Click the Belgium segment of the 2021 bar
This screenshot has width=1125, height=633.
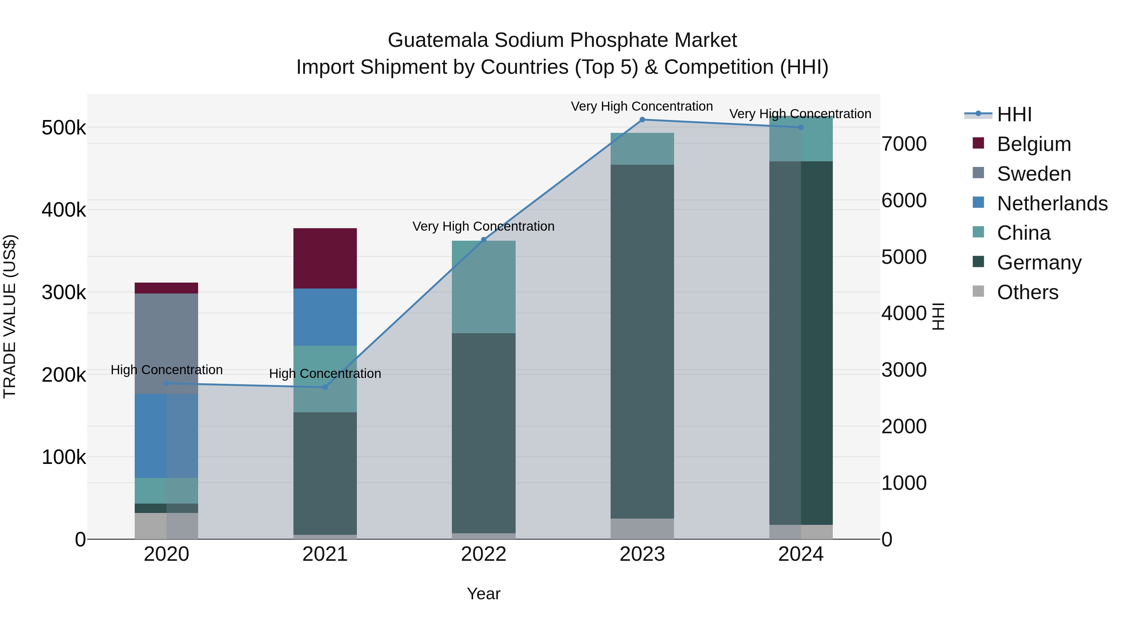click(325, 258)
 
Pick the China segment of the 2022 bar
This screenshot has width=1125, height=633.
click(483, 287)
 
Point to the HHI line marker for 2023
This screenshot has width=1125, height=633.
click(642, 120)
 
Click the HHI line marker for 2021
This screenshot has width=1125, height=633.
click(325, 387)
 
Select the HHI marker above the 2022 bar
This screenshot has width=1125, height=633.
click(483, 239)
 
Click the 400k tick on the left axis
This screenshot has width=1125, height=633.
click(64, 210)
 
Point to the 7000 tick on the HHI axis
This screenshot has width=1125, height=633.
click(903, 144)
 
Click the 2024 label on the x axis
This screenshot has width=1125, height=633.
click(801, 554)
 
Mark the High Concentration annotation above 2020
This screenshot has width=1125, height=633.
click(166, 370)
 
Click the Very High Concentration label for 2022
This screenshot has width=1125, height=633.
click(483, 226)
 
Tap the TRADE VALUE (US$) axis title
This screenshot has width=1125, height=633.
click(10, 316)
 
